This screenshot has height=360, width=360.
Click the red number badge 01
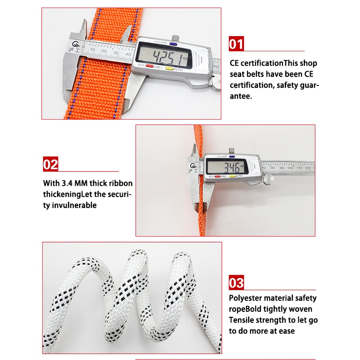click(236, 44)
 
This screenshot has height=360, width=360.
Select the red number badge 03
click(236, 283)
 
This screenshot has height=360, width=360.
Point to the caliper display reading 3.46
click(225, 168)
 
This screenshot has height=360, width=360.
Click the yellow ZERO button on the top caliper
click(169, 68)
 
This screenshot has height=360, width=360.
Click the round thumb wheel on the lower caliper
click(269, 180)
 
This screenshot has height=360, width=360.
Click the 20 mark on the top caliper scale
click(104, 53)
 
